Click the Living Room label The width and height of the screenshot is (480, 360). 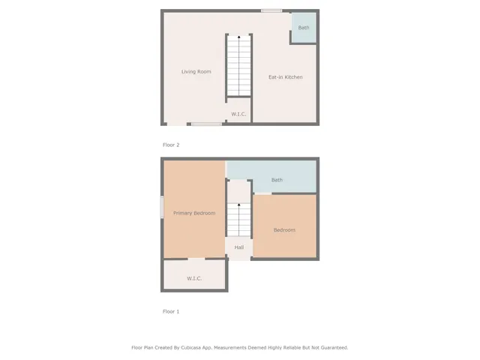click(196, 72)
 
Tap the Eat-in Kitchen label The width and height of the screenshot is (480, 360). click(286, 76)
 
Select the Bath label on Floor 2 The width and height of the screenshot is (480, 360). click(304, 28)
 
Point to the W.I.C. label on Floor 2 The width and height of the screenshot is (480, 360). click(238, 114)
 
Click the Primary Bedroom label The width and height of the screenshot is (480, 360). click(194, 213)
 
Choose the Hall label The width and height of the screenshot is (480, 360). click(238, 247)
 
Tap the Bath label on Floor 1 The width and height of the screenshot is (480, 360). click(277, 180)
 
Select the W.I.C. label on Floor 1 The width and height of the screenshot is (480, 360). click(194, 278)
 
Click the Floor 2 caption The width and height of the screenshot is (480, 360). click(171, 145)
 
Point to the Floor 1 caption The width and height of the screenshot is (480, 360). click(171, 311)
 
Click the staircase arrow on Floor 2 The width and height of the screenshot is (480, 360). click(239, 37)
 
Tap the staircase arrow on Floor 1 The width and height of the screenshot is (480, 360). click(239, 204)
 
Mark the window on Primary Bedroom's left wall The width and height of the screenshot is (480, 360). click(162, 208)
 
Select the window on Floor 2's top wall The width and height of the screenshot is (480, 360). click(271, 10)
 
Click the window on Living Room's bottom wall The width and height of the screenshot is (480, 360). click(205, 124)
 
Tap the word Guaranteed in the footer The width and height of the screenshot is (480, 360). click(330, 347)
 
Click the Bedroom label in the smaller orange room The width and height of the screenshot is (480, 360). click(284, 230)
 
